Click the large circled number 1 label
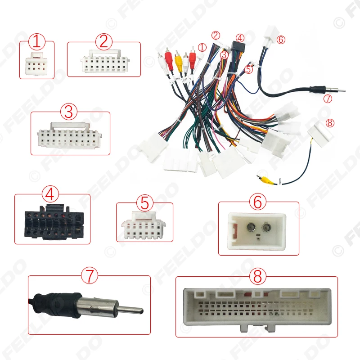click(37, 43)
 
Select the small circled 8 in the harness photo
click(330, 123)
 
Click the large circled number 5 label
click(144, 202)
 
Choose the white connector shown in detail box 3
click(70, 135)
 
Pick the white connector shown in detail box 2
click(104, 64)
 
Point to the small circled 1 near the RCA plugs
click(202, 47)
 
